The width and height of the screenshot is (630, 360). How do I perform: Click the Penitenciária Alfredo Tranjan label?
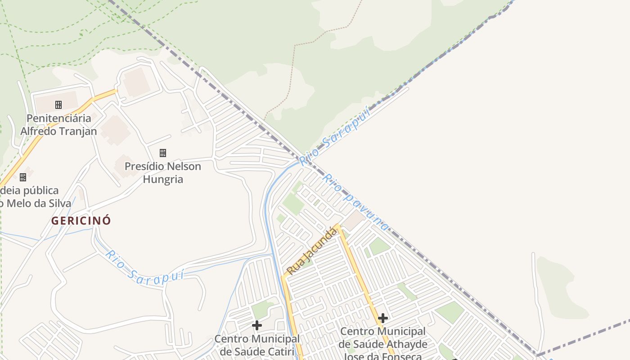58,125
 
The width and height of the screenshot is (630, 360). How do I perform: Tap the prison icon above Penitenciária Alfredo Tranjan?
58,105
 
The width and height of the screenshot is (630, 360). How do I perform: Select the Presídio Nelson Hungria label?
162,173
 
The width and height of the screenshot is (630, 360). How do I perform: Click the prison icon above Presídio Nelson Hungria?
163,153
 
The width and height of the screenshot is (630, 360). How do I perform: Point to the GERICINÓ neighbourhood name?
81,221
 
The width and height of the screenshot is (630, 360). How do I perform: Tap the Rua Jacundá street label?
311,251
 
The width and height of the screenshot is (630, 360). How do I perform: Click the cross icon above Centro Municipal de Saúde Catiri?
257,325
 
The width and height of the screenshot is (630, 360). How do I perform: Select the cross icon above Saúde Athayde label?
383,318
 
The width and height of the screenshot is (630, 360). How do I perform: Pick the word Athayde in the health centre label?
405,344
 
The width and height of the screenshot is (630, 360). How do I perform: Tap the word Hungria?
163,180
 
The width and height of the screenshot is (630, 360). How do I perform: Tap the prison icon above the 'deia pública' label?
23,177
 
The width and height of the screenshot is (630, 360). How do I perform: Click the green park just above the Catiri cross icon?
261,310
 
